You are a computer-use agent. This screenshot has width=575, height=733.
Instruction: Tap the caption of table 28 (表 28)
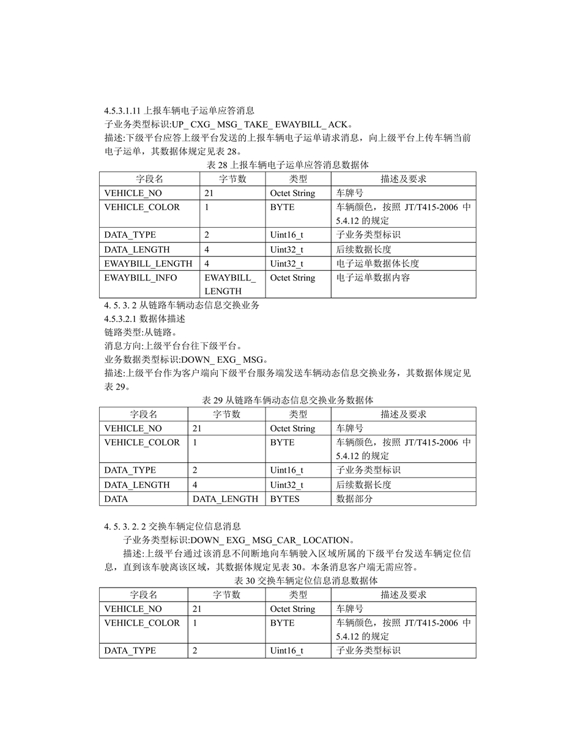pyautogui.click(x=287, y=164)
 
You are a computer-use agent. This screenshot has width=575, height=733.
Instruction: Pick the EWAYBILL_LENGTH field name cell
pyautogui.click(x=148, y=264)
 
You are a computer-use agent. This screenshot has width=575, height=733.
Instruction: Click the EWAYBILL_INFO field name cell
pyautogui.click(x=141, y=278)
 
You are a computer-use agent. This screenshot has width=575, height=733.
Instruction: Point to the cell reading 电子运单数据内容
pyautogui.click(x=373, y=278)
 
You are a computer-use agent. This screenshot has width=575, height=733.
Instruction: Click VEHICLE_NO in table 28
pyautogui.click(x=133, y=193)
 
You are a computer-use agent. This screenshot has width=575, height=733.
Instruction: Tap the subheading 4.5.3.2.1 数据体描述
pyautogui.click(x=145, y=319)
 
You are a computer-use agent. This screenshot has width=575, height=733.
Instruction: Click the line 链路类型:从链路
pyautogui.click(x=141, y=332)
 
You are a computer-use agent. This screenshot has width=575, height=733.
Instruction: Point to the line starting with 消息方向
pyautogui.click(x=174, y=346)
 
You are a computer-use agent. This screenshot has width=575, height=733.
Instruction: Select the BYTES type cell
pyautogui.click(x=285, y=498)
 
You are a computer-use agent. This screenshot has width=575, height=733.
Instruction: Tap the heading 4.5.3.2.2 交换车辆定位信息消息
pyautogui.click(x=173, y=526)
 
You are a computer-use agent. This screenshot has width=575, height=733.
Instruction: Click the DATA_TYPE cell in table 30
pyautogui.click(x=130, y=651)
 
